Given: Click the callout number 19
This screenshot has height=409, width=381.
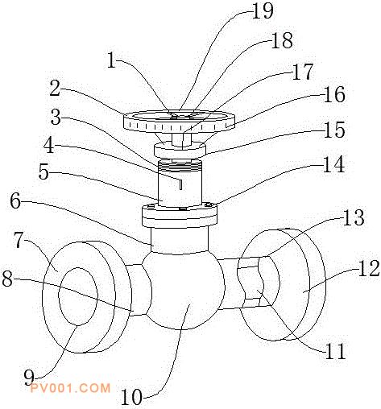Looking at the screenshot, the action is pos(263,11).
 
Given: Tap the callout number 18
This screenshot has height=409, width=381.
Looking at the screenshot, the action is pos(282,40).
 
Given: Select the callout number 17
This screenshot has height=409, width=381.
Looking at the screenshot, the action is pos(303,72).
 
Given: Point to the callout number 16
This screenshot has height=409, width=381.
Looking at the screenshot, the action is pos(334,94).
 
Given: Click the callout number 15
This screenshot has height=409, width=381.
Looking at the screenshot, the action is pos(334,130).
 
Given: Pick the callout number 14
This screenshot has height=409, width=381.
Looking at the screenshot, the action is pos(333,164).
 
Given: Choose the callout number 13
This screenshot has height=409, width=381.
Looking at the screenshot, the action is pos(354,217).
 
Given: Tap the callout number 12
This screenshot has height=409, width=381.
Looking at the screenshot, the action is pos(369,268).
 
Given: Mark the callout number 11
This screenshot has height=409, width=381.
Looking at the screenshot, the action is pos(335,351).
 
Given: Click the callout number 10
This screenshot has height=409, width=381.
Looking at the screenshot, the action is pos(131,397).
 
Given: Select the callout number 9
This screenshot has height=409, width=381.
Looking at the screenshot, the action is pos(29,378).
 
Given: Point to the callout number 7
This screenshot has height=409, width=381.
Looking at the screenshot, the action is pos(19,240).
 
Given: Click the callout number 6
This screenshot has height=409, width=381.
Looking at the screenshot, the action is pos(15,201).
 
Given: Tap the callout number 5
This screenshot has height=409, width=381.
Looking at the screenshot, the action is pos(43,171).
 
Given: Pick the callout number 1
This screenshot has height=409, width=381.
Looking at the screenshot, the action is pos(111,60).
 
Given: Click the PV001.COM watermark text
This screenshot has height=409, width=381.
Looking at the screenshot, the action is pos(70,388).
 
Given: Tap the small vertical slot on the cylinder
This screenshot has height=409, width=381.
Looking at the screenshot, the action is pos(181,184).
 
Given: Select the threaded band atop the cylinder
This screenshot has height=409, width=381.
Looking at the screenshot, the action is pos(179,167).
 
